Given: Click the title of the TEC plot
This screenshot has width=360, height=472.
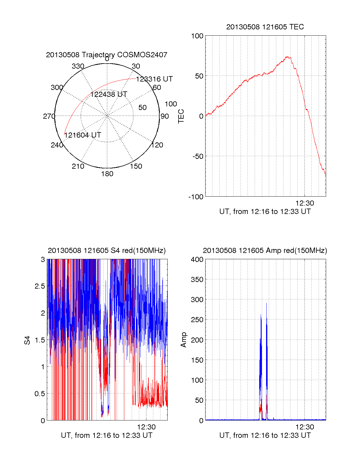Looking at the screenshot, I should coord(265,27).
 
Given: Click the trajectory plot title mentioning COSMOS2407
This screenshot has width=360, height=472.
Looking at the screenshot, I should coord(106,55).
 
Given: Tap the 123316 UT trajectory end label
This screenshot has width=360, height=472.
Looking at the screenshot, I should coord(154,79).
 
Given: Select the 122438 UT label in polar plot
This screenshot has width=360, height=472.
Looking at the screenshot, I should coord(109,94).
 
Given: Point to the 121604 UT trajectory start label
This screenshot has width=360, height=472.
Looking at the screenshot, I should coord(82,135).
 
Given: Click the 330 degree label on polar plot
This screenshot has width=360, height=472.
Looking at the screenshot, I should coord(78,66).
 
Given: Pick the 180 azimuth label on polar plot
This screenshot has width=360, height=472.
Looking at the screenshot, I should coord(107,174).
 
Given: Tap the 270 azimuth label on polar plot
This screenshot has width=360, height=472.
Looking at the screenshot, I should coord(49,116).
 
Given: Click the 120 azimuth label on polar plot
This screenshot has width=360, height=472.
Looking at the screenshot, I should coord(157,145).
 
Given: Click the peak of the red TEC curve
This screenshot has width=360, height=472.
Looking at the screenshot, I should coord(287,56).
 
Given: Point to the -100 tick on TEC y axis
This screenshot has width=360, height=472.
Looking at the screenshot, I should coord(196,197).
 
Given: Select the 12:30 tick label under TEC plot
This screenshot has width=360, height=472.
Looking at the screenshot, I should coord(305,203).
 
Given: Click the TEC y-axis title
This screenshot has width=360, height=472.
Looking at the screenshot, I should coord(181,116).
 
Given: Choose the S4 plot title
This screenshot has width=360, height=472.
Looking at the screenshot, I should coord(106,251).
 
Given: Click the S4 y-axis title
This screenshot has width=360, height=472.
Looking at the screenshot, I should coord(27,340).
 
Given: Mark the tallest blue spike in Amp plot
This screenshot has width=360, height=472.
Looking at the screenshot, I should coord(266,304).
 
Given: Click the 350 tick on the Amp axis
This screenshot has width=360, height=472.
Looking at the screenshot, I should coord(197,280).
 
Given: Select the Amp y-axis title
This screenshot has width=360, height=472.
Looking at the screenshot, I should coord(184,340).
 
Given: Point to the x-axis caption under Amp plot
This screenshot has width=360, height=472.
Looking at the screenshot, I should coord(265,435).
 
